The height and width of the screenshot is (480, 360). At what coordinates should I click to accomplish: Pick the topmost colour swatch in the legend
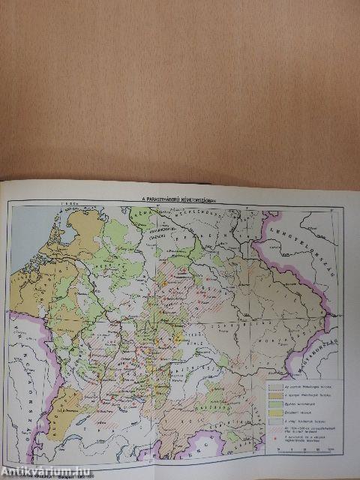coord(275,385)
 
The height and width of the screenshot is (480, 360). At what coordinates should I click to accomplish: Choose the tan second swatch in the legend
coord(275,395)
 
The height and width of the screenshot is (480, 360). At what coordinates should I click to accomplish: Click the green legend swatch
coord(275,406)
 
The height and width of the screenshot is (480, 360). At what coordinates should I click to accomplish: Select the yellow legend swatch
coord(275,416)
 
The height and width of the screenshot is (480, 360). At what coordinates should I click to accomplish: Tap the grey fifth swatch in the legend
coord(275,427)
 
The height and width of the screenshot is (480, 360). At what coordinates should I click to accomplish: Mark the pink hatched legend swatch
coord(275,437)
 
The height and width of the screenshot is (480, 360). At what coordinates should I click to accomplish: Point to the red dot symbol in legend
coord(275,448)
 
